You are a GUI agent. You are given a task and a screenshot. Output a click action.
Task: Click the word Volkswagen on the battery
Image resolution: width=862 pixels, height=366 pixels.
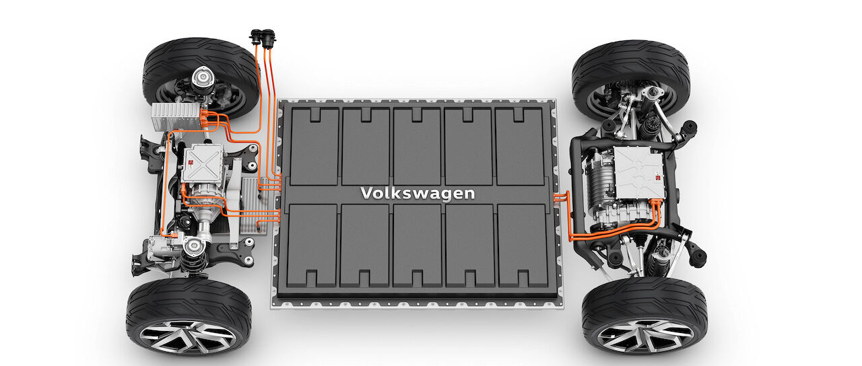click(418, 193)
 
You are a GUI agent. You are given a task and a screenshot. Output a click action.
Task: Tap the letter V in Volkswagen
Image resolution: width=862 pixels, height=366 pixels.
click(367, 192)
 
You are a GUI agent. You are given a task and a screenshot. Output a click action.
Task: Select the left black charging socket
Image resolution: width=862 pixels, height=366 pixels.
click(255, 37)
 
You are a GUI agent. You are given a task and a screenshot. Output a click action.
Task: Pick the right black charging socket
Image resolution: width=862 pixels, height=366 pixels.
click(268, 38)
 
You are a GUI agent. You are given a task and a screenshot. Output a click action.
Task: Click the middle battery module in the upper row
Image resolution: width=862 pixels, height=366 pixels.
click(417, 146)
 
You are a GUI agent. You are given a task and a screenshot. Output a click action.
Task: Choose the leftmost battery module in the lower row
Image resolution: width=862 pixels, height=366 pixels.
click(312, 246)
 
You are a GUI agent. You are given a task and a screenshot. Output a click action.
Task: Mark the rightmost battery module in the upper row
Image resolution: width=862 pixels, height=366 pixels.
click(519, 146)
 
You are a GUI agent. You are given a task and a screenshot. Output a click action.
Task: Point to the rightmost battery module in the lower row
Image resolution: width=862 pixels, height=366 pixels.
click(523, 246)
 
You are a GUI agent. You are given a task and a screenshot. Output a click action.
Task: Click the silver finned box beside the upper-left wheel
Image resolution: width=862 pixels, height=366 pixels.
click(176, 116)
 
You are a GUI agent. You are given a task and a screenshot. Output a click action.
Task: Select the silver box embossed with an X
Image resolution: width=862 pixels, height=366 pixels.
click(203, 163)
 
